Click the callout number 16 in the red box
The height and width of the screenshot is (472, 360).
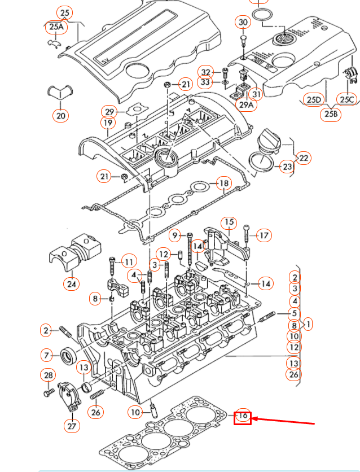pyautogui.click(x=243, y=417)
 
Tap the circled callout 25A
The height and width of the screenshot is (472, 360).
pyautogui.click(x=56, y=27)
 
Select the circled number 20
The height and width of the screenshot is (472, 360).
pyautogui.click(x=60, y=116)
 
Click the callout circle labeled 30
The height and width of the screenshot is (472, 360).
pyautogui.click(x=243, y=23)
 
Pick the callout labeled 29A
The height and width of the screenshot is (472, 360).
pyautogui.click(x=247, y=104)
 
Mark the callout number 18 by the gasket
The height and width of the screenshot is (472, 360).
pyautogui.click(x=224, y=183)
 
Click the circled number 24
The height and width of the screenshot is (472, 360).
pyautogui.click(x=71, y=283)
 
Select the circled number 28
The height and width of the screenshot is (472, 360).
pyautogui.click(x=49, y=375)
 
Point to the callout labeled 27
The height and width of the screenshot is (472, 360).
pyautogui.click(x=72, y=426)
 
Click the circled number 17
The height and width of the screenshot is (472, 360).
pyautogui.click(x=264, y=235)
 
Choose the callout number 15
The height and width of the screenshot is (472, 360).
pyautogui.click(x=228, y=222)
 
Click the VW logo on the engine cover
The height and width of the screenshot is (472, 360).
pyautogui.click(x=282, y=40)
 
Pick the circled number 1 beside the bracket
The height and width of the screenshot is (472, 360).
pyautogui.click(x=308, y=324)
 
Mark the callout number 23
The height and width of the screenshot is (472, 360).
pyautogui.click(x=288, y=167)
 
